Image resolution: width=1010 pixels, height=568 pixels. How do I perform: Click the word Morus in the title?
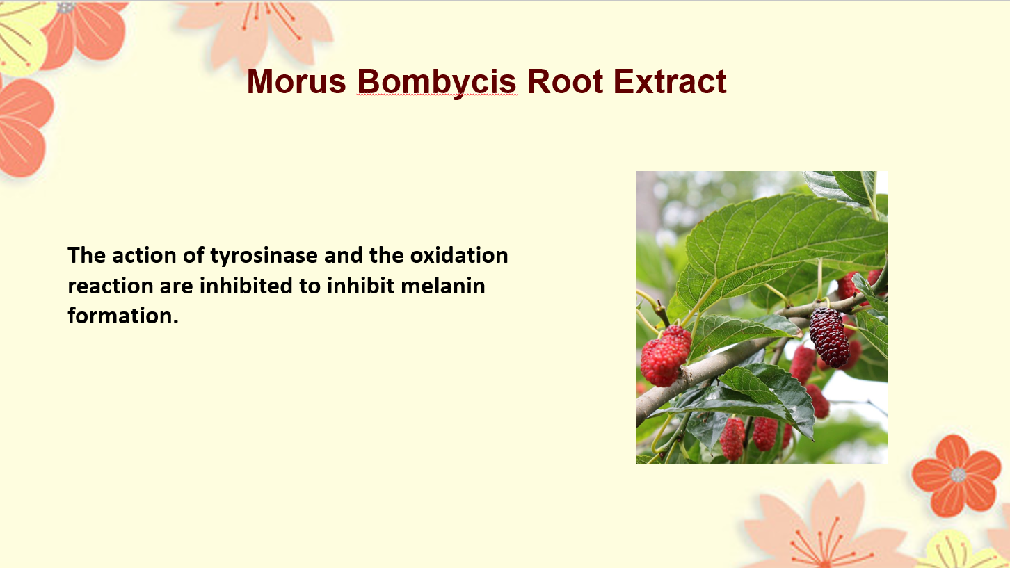pos(296,81)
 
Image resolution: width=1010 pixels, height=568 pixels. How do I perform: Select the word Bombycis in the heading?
pos(436,83)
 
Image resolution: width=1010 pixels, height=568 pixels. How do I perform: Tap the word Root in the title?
pos(565,81)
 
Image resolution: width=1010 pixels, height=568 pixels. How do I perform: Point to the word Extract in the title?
pos(670,81)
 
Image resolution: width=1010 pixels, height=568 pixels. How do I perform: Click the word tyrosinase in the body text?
pos(264,256)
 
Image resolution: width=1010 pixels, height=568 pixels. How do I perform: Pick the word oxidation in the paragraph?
pos(459,255)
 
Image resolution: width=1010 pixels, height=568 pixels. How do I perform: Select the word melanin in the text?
pos(443,286)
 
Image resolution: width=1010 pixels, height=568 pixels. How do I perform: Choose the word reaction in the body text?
pos(111,286)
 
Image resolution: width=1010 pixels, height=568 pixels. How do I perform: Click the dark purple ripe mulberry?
pos(829,336)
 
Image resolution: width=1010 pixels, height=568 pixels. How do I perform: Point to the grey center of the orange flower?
pos(958,475)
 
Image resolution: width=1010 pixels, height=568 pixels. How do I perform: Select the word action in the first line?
pos(144,255)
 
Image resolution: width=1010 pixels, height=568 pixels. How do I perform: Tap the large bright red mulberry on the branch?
pos(666,356)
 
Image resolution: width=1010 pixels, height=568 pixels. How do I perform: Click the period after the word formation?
pos(175,322)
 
